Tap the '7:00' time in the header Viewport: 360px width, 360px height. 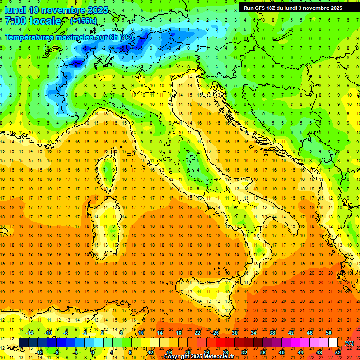click(x=15, y=21)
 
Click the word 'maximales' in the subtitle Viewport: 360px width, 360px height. click(x=75, y=37)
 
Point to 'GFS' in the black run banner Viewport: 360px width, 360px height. click(x=262, y=8)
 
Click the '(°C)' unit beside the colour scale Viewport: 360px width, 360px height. click(x=349, y=343)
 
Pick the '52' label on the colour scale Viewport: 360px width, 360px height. click(x=338, y=352)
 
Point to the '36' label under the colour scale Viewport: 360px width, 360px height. click(x=262, y=352)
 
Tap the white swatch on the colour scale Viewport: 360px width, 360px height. click(x=333, y=343)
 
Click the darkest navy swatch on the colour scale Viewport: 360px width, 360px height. click(x=23, y=343)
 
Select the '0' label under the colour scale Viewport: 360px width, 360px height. click(x=93, y=352)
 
